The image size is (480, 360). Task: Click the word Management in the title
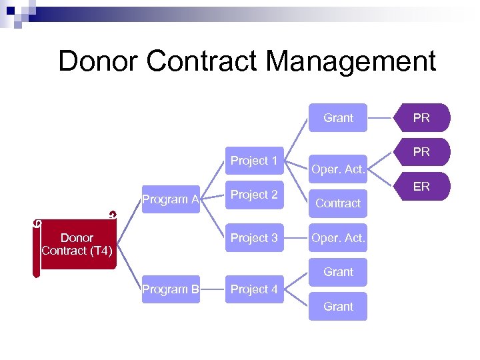[351, 61]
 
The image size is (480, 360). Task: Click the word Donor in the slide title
[97, 61]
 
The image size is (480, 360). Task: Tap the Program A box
[171, 199]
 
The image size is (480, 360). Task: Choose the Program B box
[171, 289]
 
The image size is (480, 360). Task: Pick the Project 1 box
[254, 161]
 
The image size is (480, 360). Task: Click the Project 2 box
[254, 195]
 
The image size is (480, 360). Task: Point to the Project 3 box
[254, 238]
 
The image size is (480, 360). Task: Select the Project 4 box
[254, 289]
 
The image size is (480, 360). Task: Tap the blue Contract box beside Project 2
[338, 203]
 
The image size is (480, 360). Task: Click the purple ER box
[421, 187]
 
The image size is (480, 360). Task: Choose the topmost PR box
[421, 118]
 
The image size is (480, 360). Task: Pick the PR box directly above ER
[421, 152]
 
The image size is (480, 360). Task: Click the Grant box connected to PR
[338, 118]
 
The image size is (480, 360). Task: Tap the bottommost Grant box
[338, 307]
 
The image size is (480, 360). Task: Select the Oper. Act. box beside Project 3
[338, 238]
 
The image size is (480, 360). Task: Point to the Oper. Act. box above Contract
[338, 169]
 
